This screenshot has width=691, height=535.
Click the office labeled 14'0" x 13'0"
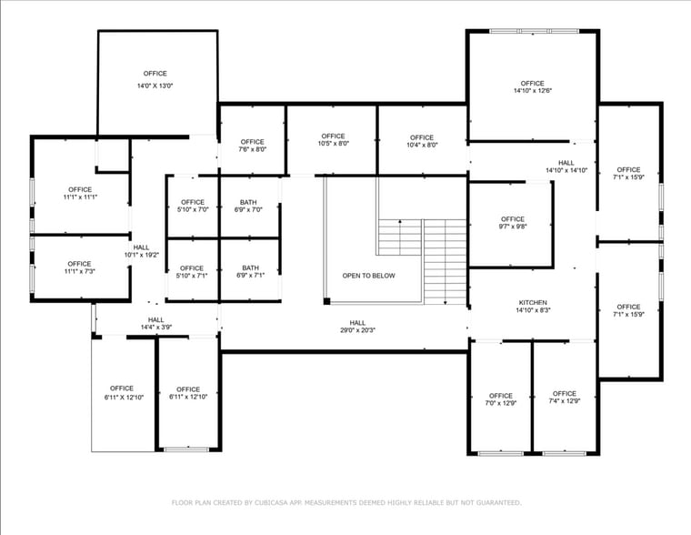point(155,79)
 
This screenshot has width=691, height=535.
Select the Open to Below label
point(368,276)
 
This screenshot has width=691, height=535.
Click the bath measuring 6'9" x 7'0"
point(248,206)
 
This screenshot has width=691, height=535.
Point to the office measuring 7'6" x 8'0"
point(253,146)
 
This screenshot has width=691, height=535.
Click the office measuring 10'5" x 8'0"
point(333,140)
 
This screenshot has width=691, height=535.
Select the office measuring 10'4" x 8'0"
point(422,141)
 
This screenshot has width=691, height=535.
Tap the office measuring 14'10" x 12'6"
point(532,86)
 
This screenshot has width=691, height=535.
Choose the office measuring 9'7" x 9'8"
point(512,223)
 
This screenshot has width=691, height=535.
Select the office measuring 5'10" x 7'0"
point(193,206)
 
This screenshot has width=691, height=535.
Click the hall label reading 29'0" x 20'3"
point(357,326)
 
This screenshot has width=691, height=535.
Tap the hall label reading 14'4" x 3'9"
point(156,323)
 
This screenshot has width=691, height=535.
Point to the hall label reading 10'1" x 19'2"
point(141,251)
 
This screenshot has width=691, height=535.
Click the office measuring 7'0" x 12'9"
point(500,399)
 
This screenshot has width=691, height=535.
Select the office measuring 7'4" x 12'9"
point(564,398)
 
